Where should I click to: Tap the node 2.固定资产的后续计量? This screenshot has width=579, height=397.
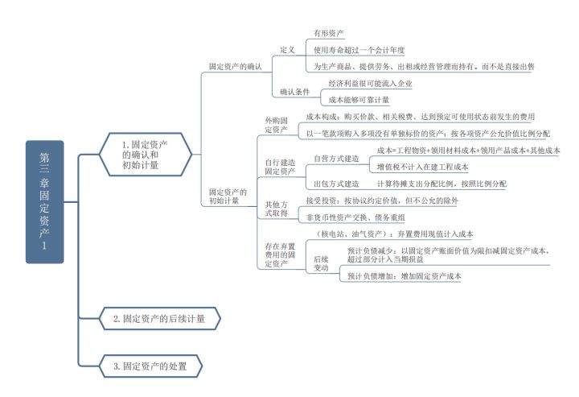point(158,319)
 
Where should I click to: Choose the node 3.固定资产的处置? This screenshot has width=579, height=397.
point(150,366)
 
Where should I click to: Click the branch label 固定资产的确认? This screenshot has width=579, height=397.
point(235,68)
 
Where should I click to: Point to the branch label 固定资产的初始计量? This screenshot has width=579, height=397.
point(228,196)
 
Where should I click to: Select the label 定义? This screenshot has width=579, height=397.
point(288,49)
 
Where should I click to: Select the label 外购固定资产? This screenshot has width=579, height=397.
point(276,124)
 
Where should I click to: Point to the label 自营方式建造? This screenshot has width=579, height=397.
point(336,158)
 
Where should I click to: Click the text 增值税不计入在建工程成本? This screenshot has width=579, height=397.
point(422,167)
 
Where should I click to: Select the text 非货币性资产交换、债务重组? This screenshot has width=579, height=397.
point(355,217)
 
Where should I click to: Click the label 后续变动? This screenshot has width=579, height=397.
point(322,264)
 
